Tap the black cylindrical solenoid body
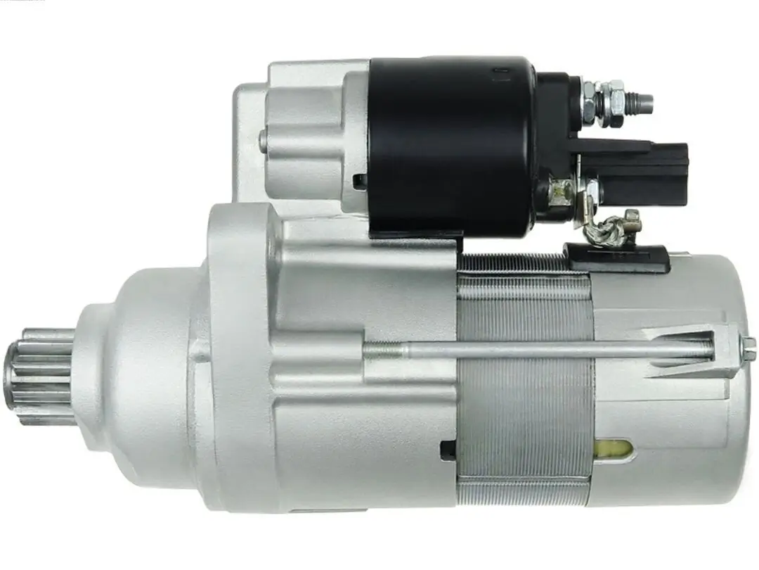point(450,144)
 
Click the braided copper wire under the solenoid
point(607,229)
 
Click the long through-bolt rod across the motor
point(548,348)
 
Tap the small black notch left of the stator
point(448,450)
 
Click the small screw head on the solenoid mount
point(263,141)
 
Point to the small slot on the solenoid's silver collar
point(360,182)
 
